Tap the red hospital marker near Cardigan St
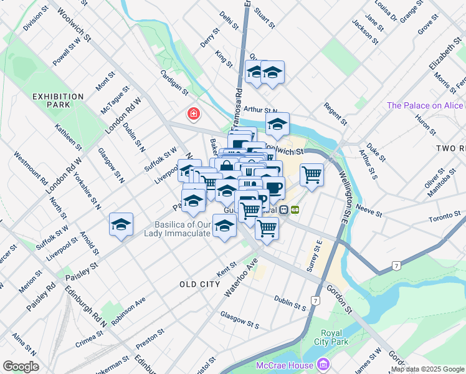(194, 114)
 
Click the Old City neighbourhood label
(199, 284)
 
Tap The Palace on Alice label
(425, 105)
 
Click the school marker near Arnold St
(121, 225)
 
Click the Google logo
(21, 366)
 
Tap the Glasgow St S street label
(239, 320)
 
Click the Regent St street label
(335, 113)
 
